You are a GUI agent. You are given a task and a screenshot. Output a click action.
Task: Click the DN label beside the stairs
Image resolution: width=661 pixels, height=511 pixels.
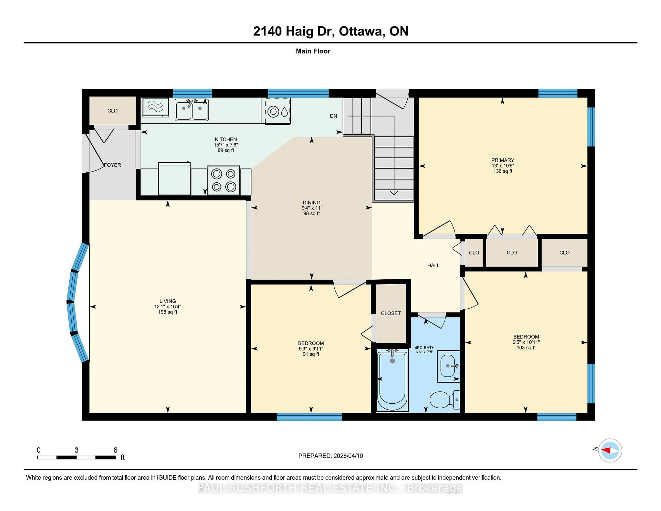pos(333,116)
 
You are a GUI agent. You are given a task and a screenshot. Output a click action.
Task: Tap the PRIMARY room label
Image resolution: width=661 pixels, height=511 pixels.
pos(502,160)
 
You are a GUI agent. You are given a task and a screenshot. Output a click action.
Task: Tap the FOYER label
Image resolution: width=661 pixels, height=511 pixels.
pos(113,165)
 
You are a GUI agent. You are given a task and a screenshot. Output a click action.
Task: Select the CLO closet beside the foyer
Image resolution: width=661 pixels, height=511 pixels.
pos(112,111)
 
